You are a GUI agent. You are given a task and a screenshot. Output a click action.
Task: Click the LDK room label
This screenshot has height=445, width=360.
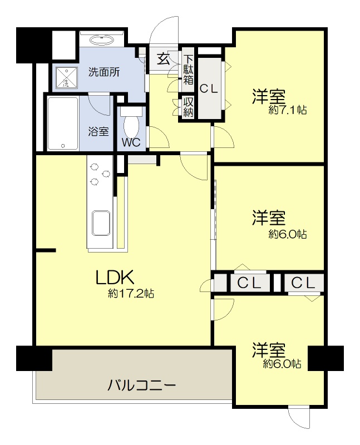115,277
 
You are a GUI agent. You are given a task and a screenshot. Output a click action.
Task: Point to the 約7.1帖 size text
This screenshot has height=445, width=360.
287,110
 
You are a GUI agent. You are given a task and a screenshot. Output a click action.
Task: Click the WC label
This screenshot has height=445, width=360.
131,142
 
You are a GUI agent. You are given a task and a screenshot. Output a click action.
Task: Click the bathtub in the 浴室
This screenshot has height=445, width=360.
62,123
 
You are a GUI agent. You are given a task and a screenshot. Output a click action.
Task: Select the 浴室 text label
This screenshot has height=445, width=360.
98,132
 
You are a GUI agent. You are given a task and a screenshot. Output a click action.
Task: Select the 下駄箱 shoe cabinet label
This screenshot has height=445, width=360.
188,69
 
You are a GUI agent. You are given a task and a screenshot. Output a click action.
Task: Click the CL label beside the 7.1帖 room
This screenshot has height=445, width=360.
209,88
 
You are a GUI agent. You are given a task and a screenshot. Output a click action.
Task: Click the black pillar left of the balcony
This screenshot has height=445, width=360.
34,358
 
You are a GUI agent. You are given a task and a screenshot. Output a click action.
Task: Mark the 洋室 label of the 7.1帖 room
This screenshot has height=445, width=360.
269,96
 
